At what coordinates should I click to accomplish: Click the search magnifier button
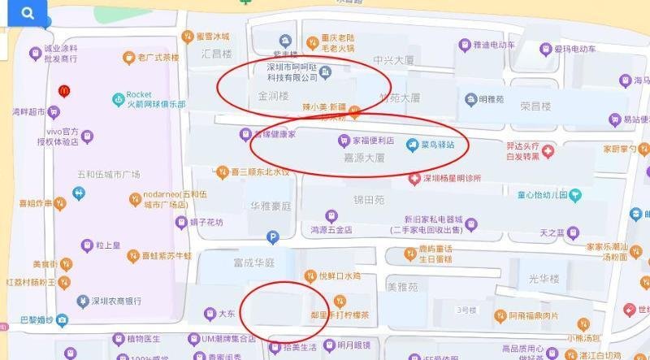coord(27,13)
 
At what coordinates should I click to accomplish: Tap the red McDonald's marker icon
coord(63,90)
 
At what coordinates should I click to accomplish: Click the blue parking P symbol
coord(273,237)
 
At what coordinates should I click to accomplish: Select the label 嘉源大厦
coord(357,161)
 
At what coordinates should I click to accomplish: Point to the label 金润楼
coord(273,96)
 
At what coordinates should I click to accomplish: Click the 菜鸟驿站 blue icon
coord(412,144)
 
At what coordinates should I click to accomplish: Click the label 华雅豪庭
coord(270,206)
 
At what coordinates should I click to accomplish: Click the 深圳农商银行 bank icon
coord(82,301)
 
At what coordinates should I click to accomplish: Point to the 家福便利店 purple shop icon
coord(344,140)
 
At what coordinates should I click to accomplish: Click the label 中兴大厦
coord(394,61)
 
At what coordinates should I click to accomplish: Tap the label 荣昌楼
coord(535,106)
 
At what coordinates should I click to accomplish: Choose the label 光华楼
coord(544,279)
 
